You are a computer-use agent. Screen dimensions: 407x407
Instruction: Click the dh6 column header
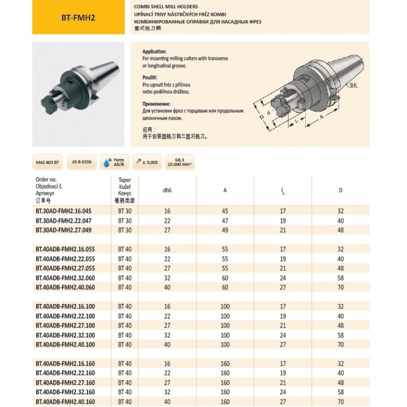pyautogui.click(x=167, y=191)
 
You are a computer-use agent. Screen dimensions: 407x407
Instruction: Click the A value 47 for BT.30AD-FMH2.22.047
pyautogui.click(x=225, y=220)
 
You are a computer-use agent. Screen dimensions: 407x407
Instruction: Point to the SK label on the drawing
pyautogui.click(x=353, y=86)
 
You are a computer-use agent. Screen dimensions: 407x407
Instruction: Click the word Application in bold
pyautogui.click(x=155, y=52)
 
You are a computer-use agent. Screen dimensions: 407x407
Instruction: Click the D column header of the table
pyautogui.click(x=341, y=191)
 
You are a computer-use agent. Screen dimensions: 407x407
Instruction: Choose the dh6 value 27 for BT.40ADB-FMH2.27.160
pyautogui.click(x=167, y=383)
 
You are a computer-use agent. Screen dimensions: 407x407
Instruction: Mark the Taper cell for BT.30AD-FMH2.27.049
pyautogui.click(x=125, y=229)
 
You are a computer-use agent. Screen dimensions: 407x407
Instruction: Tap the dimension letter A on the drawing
pyautogui.click(x=322, y=116)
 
